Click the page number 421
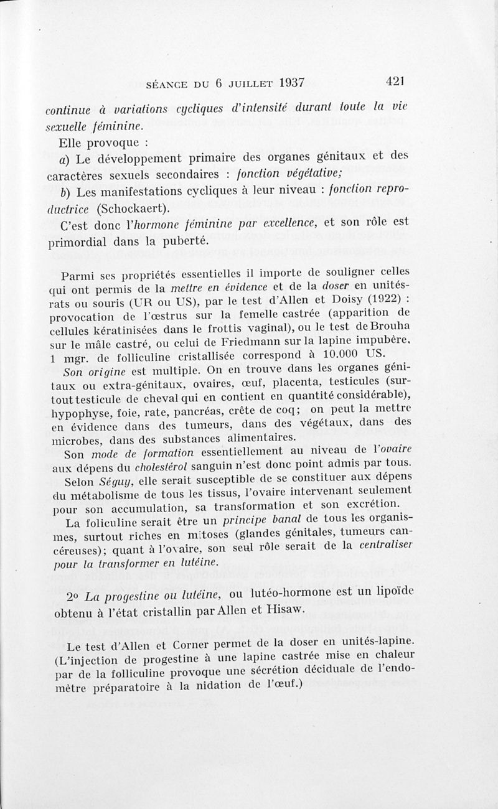click(395, 81)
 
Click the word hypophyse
click(77, 413)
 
